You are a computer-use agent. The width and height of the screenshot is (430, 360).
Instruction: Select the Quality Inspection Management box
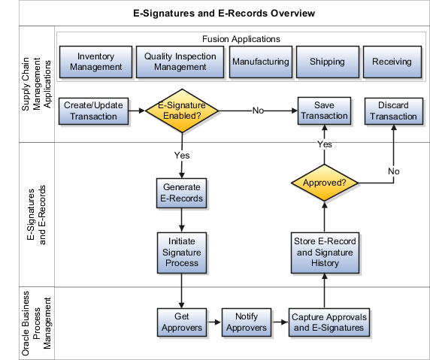pyautogui.click(x=180, y=62)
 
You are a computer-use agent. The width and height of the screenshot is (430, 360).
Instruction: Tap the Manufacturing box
pyautogui.click(x=260, y=62)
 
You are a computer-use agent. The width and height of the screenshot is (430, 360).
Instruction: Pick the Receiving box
pyautogui.click(x=392, y=62)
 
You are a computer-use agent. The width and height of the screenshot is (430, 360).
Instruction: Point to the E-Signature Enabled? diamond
pyautogui.click(x=183, y=111)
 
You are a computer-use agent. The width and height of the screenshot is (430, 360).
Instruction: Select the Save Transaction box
pyautogui.click(x=325, y=111)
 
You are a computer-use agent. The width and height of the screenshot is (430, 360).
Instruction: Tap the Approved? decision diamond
pyautogui.click(x=325, y=182)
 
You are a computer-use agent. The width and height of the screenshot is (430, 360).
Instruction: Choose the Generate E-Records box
pyautogui.click(x=181, y=193)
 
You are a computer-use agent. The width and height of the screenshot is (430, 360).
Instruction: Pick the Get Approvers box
pyautogui.click(x=181, y=322)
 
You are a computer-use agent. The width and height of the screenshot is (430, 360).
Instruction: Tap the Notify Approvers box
pyautogui.click(x=247, y=322)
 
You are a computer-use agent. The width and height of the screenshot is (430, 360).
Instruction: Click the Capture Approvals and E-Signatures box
pyautogui.click(x=327, y=322)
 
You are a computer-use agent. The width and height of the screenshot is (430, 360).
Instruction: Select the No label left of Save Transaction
pyautogui.click(x=258, y=111)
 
